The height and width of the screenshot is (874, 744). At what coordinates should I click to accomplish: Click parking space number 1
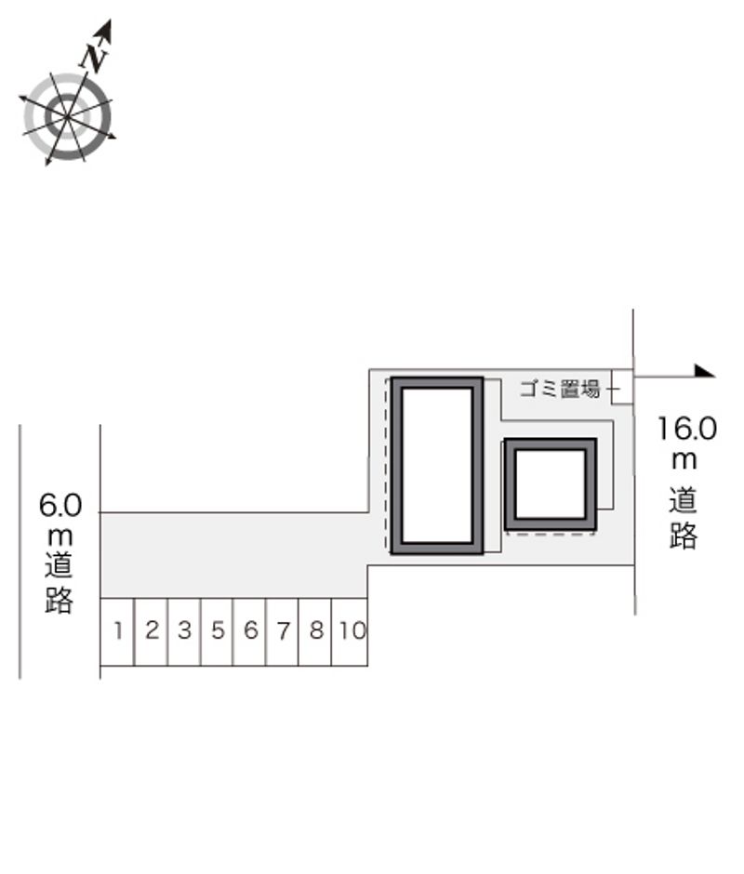117,631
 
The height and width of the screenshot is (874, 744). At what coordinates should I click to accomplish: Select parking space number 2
151,631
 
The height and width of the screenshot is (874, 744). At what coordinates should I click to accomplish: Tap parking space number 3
184,631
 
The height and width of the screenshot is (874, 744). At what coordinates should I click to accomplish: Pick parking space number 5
217,631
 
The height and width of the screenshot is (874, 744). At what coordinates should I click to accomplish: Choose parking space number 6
249,631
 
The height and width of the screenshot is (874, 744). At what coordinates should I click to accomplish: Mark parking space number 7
282,631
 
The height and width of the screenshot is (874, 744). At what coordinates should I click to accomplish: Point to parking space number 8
315,631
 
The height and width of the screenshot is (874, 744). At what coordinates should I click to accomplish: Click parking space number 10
351,631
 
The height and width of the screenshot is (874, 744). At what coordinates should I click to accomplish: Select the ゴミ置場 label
559,389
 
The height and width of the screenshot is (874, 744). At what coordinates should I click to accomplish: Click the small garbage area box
622,387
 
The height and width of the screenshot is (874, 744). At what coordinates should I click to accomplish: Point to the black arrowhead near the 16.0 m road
704,372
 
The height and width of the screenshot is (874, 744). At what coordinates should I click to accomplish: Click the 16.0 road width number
687,429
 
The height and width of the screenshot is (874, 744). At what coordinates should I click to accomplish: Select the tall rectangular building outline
436,465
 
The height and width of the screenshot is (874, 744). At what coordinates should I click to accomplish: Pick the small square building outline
550,484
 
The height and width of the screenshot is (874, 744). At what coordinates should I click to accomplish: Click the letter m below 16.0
685,460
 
